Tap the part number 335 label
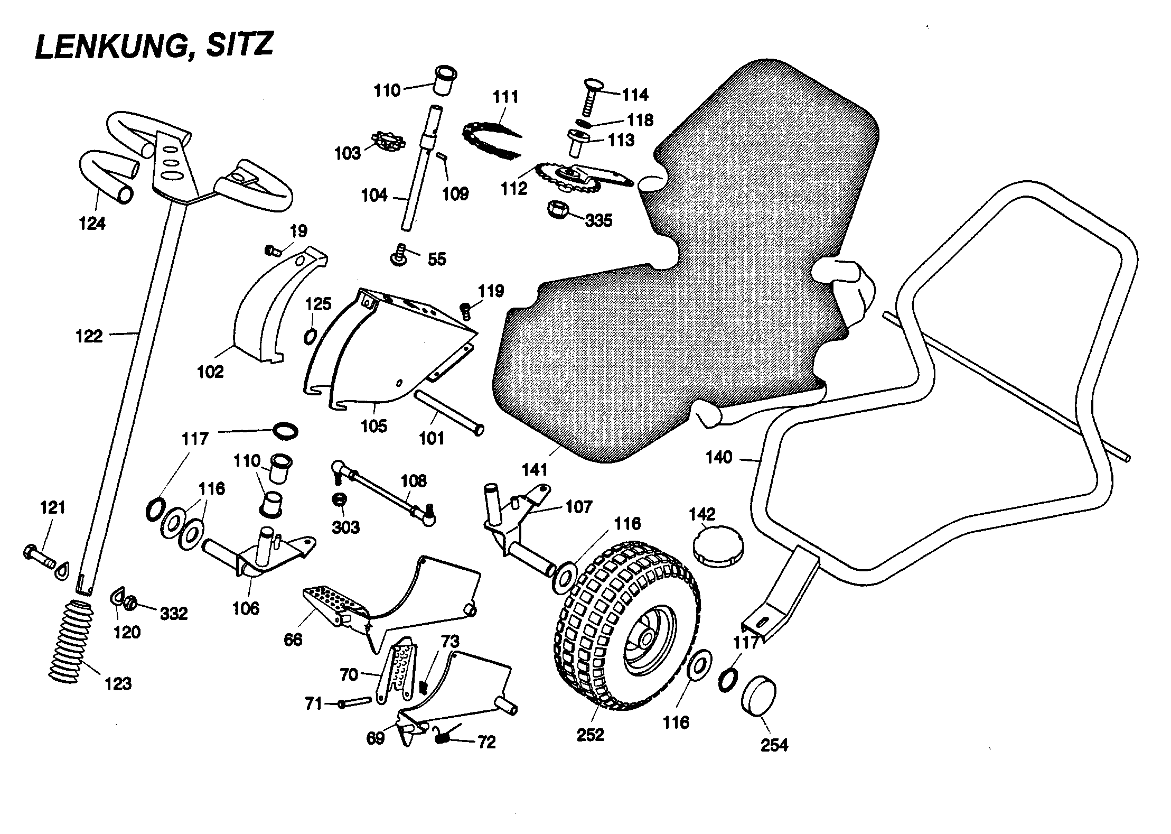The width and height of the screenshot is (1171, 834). tap(598, 220)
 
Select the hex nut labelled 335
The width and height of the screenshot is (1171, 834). tap(558, 209)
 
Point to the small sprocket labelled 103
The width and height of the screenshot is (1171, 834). tap(388, 142)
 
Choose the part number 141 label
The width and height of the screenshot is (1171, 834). tap(535, 469)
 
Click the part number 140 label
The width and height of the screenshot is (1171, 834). tap(719, 458)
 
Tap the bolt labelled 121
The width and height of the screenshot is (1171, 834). tap(39, 555)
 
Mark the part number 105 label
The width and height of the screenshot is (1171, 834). tap(373, 426)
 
